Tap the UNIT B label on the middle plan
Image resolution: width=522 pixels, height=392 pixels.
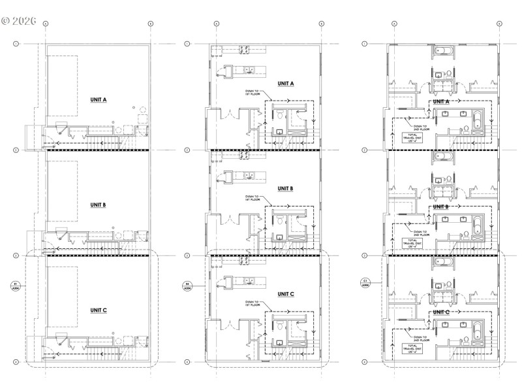pyautogui.click(x=286, y=188)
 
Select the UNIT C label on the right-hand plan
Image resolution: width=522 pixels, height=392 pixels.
pyautogui.click(x=441, y=312)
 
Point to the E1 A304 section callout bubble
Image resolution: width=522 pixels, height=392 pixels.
pyautogui.click(x=15, y=286)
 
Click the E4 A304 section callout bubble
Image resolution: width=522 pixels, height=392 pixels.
pyautogui.click(x=187, y=285)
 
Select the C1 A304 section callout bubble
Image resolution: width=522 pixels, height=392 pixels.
pyautogui.click(x=365, y=283)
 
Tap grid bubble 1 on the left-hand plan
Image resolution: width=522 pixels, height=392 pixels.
pyautogui.click(x=17, y=44)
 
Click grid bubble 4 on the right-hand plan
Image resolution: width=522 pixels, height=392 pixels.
pyautogui.click(x=365, y=361)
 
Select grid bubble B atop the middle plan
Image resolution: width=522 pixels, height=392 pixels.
pyautogui.click(x=321, y=24)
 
